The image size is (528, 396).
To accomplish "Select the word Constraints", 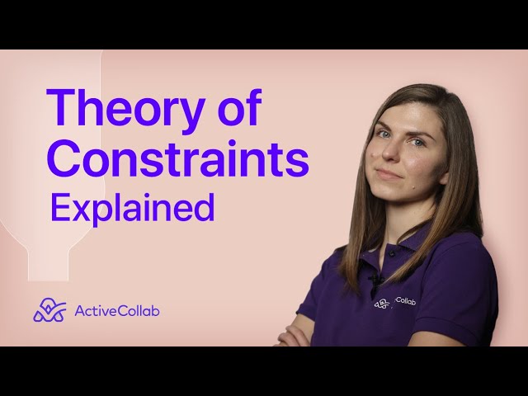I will pos(177,159).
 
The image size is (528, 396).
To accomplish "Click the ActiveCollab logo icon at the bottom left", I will pos(49,310).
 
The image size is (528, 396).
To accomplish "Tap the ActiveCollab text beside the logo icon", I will pos(116,311).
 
